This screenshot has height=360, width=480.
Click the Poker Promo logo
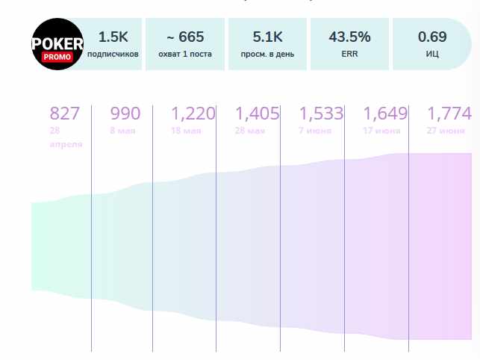click(57, 44)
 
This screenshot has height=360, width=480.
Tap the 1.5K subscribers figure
click(113, 37)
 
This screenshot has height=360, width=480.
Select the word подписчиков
click(113, 54)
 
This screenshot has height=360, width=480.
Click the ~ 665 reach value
click(186, 37)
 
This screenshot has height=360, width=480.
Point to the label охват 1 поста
click(186, 54)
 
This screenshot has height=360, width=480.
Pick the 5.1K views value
click(268, 37)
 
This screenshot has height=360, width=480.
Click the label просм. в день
click(268, 54)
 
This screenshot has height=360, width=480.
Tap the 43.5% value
click(349, 37)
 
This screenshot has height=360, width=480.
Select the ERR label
click(349, 54)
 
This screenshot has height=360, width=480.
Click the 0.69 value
click(432, 37)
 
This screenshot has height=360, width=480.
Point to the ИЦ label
click(432, 54)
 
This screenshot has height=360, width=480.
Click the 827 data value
click(64, 114)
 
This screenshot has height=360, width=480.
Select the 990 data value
click(125, 114)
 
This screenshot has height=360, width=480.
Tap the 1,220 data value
click(193, 114)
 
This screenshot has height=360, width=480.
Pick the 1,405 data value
click(257, 114)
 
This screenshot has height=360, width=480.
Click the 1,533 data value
click(321, 114)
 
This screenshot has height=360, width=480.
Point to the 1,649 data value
click(385, 114)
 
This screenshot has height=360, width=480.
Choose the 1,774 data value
click(449, 114)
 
